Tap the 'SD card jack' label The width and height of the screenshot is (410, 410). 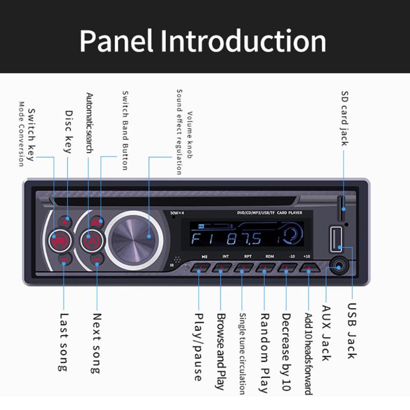tap(344, 118)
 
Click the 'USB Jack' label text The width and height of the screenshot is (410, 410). tap(351, 331)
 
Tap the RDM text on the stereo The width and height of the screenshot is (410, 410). tap(270, 256)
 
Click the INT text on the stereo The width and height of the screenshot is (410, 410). tap(225, 256)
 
